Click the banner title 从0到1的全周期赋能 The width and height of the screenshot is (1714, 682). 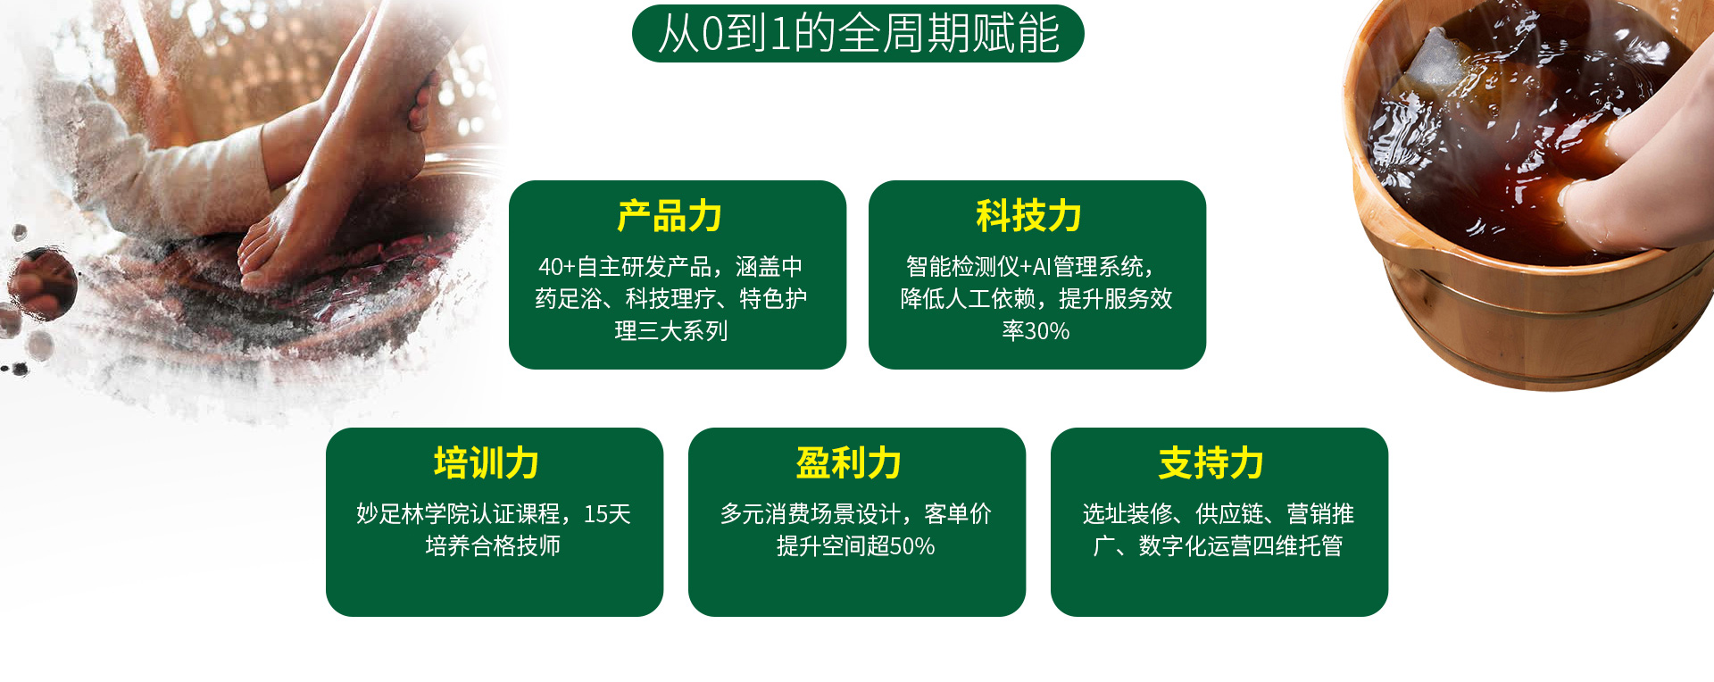858,34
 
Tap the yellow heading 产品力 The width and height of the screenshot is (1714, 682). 670,217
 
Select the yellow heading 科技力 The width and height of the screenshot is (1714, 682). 1028,217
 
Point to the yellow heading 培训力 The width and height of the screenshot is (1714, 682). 487,463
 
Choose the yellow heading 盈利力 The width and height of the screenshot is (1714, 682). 849,463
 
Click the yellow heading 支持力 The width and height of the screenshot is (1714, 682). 1211,463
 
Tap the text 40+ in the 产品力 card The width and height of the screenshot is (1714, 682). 556,267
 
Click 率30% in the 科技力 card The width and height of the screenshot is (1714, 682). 1036,331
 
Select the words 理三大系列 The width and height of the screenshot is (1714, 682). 671,331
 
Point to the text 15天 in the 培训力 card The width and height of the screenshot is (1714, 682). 607,514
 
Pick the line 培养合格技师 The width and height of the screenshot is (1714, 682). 493,546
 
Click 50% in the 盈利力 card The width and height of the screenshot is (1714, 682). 912,546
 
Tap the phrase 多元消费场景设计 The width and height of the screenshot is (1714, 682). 811,514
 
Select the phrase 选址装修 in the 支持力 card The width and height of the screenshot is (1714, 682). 1127,514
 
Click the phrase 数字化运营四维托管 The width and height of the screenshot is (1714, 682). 1241,546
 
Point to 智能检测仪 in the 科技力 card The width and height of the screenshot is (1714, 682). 962,267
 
